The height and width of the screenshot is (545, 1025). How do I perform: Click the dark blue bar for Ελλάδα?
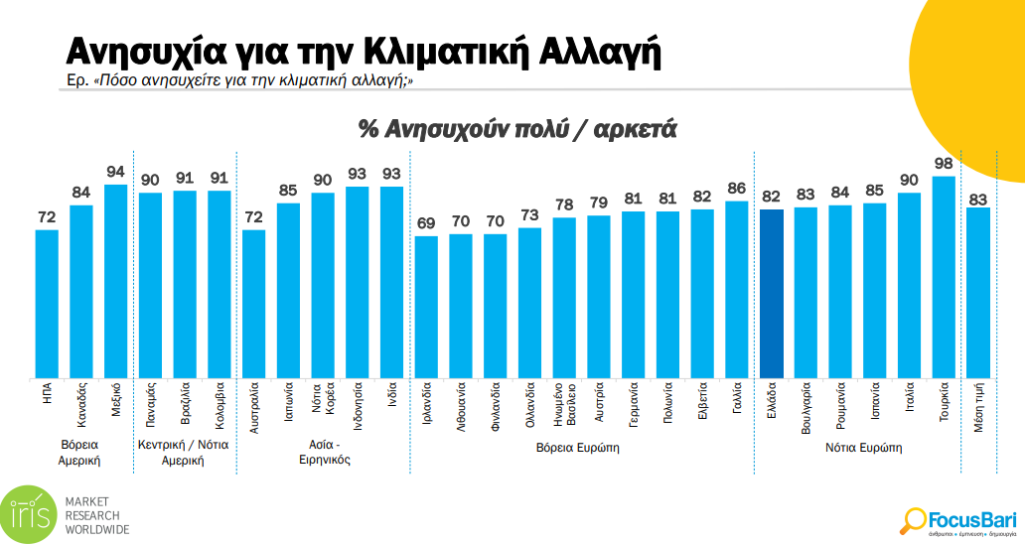(771, 294)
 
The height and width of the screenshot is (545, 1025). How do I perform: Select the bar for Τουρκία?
(944, 277)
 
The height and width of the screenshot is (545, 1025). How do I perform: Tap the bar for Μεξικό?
(116, 281)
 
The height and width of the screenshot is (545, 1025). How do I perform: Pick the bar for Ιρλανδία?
(426, 307)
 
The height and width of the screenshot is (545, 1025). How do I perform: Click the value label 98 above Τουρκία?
(944, 164)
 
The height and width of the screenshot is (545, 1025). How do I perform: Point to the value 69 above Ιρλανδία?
(426, 223)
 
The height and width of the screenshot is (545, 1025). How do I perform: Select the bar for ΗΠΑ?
(47, 304)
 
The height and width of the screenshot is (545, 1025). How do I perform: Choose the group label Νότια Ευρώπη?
(863, 448)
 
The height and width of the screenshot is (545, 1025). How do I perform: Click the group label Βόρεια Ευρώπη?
(578, 448)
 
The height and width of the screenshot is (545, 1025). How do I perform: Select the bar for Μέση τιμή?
(978, 293)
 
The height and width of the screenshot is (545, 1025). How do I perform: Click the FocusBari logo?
(959, 519)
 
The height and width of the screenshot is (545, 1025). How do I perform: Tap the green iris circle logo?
(29, 514)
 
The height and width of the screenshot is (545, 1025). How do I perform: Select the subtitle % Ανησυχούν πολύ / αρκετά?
(516, 128)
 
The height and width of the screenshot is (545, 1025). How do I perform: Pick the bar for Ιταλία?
(909, 285)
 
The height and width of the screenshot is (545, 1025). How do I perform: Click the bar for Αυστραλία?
(253, 304)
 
